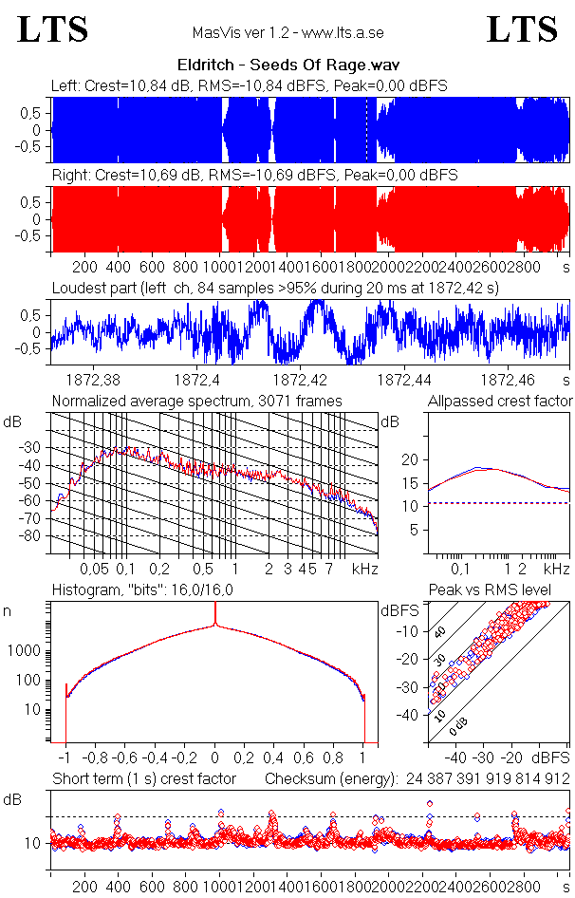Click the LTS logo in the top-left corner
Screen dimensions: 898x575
click(x=53, y=29)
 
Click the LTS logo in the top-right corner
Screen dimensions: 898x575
click(x=522, y=29)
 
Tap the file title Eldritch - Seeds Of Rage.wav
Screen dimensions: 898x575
click(x=287, y=65)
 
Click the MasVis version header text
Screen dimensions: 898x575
click(x=287, y=32)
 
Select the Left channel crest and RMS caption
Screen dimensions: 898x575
click(x=250, y=86)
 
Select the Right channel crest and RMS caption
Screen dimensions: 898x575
click(x=254, y=176)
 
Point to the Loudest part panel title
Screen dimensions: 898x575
click(x=275, y=287)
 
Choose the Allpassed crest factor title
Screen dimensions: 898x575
click(x=500, y=402)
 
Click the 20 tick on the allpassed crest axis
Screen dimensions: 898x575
click(x=410, y=459)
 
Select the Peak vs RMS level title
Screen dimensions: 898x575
click(x=503, y=590)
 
